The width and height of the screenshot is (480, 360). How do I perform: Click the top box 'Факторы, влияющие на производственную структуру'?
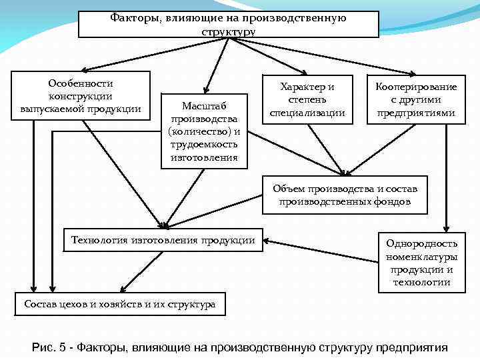click(x=228, y=24)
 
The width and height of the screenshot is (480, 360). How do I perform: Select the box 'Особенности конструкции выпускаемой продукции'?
click(x=81, y=96)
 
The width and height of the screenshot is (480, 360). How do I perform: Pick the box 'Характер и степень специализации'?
click(x=307, y=100)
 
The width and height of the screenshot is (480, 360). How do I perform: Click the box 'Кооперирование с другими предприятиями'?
click(x=416, y=100)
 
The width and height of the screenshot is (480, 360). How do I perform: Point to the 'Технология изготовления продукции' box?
click(x=163, y=240)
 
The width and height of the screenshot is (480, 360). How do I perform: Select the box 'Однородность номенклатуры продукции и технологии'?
click(x=421, y=263)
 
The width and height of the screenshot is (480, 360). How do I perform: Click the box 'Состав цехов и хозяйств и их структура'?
click(x=120, y=305)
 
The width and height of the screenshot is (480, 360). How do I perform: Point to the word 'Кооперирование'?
click(x=416, y=87)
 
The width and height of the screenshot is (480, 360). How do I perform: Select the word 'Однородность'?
click(x=421, y=244)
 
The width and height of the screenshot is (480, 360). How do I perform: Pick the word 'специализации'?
click(x=307, y=113)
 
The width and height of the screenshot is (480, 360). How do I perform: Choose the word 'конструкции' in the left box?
click(x=81, y=96)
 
